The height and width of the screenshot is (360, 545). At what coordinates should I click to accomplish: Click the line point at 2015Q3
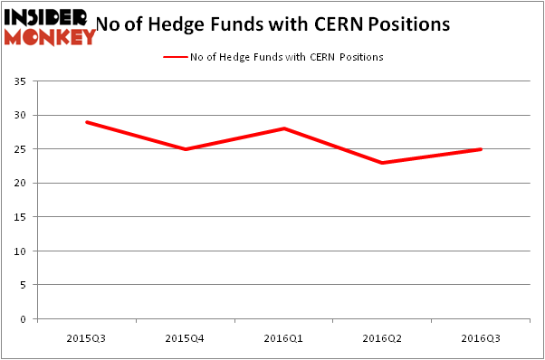pyautogui.click(x=87, y=122)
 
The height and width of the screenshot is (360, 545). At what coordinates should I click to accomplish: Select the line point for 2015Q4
pyautogui.click(x=186, y=149)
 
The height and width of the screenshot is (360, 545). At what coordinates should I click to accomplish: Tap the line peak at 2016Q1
pyautogui.click(x=285, y=128)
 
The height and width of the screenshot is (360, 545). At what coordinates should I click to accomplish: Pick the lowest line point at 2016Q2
pyautogui.click(x=384, y=163)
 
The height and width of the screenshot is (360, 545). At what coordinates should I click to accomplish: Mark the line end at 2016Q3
pyautogui.click(x=481, y=149)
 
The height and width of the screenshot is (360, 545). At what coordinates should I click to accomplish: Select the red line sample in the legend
pyautogui.click(x=174, y=57)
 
